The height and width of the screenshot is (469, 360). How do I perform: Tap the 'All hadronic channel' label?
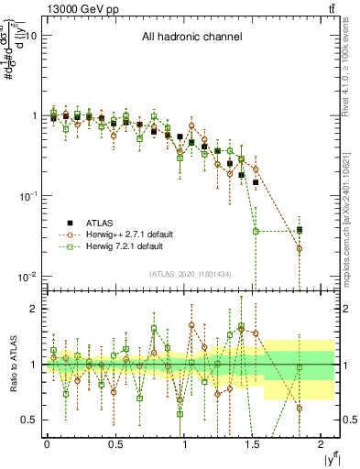pyautogui.click(x=191, y=38)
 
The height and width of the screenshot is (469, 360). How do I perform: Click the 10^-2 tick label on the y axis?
pyautogui.click(x=27, y=277)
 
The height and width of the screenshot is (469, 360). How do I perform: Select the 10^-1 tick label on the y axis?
pyautogui.click(x=27, y=196)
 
